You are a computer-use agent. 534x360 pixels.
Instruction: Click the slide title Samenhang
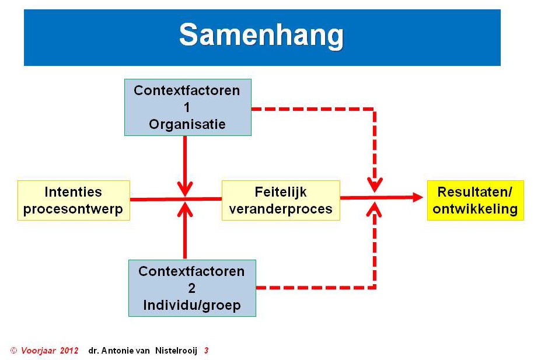point(261,36)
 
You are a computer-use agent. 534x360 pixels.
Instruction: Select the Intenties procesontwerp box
point(74,200)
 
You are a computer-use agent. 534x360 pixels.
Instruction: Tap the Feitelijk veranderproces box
point(281,200)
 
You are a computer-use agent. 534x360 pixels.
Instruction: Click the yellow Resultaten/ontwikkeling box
point(476,200)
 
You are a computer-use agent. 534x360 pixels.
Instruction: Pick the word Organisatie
point(187,124)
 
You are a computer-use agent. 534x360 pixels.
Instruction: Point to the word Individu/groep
point(192,305)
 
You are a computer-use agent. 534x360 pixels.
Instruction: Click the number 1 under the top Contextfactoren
point(187,107)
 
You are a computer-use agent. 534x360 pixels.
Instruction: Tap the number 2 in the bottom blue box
point(192,288)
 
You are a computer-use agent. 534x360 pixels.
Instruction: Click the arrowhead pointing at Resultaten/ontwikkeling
point(417,197)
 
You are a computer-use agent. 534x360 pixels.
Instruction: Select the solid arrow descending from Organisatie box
point(185,166)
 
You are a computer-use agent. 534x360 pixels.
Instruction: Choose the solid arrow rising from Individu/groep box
point(185,230)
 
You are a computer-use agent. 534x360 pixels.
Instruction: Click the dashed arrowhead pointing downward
point(375,186)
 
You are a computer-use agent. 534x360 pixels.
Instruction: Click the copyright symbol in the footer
point(13,351)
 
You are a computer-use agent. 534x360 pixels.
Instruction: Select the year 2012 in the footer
point(69,351)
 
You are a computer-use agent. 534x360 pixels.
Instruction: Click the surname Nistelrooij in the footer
point(176,351)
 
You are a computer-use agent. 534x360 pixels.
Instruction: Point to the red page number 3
point(207,351)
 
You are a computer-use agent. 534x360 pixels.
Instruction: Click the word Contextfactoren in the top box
point(187,90)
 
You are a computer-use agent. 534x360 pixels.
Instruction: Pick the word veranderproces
point(281,209)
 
